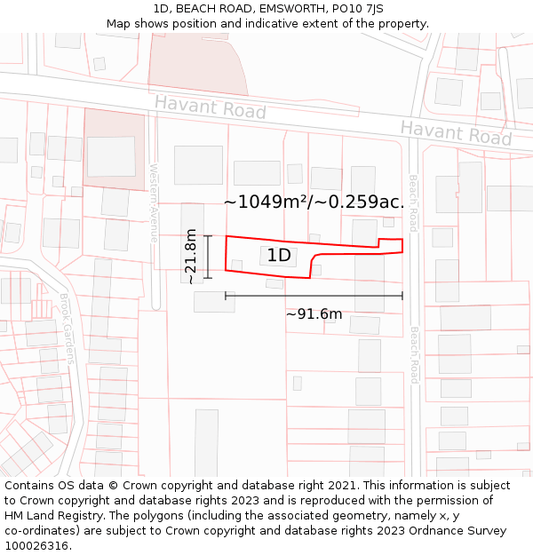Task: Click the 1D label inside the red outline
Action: tap(279, 256)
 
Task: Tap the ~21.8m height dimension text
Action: tap(190, 257)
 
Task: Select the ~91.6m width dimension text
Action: tap(314, 313)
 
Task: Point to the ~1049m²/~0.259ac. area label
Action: tap(314, 202)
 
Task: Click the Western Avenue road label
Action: tap(154, 203)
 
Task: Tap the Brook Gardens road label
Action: tap(67, 329)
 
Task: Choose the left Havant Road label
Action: tap(210, 107)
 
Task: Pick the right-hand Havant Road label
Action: tap(455, 133)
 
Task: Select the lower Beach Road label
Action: tap(414, 354)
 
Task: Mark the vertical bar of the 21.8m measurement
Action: tap(208, 257)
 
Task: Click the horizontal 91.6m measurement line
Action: tap(314, 296)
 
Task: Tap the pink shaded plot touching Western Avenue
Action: tap(114, 149)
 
